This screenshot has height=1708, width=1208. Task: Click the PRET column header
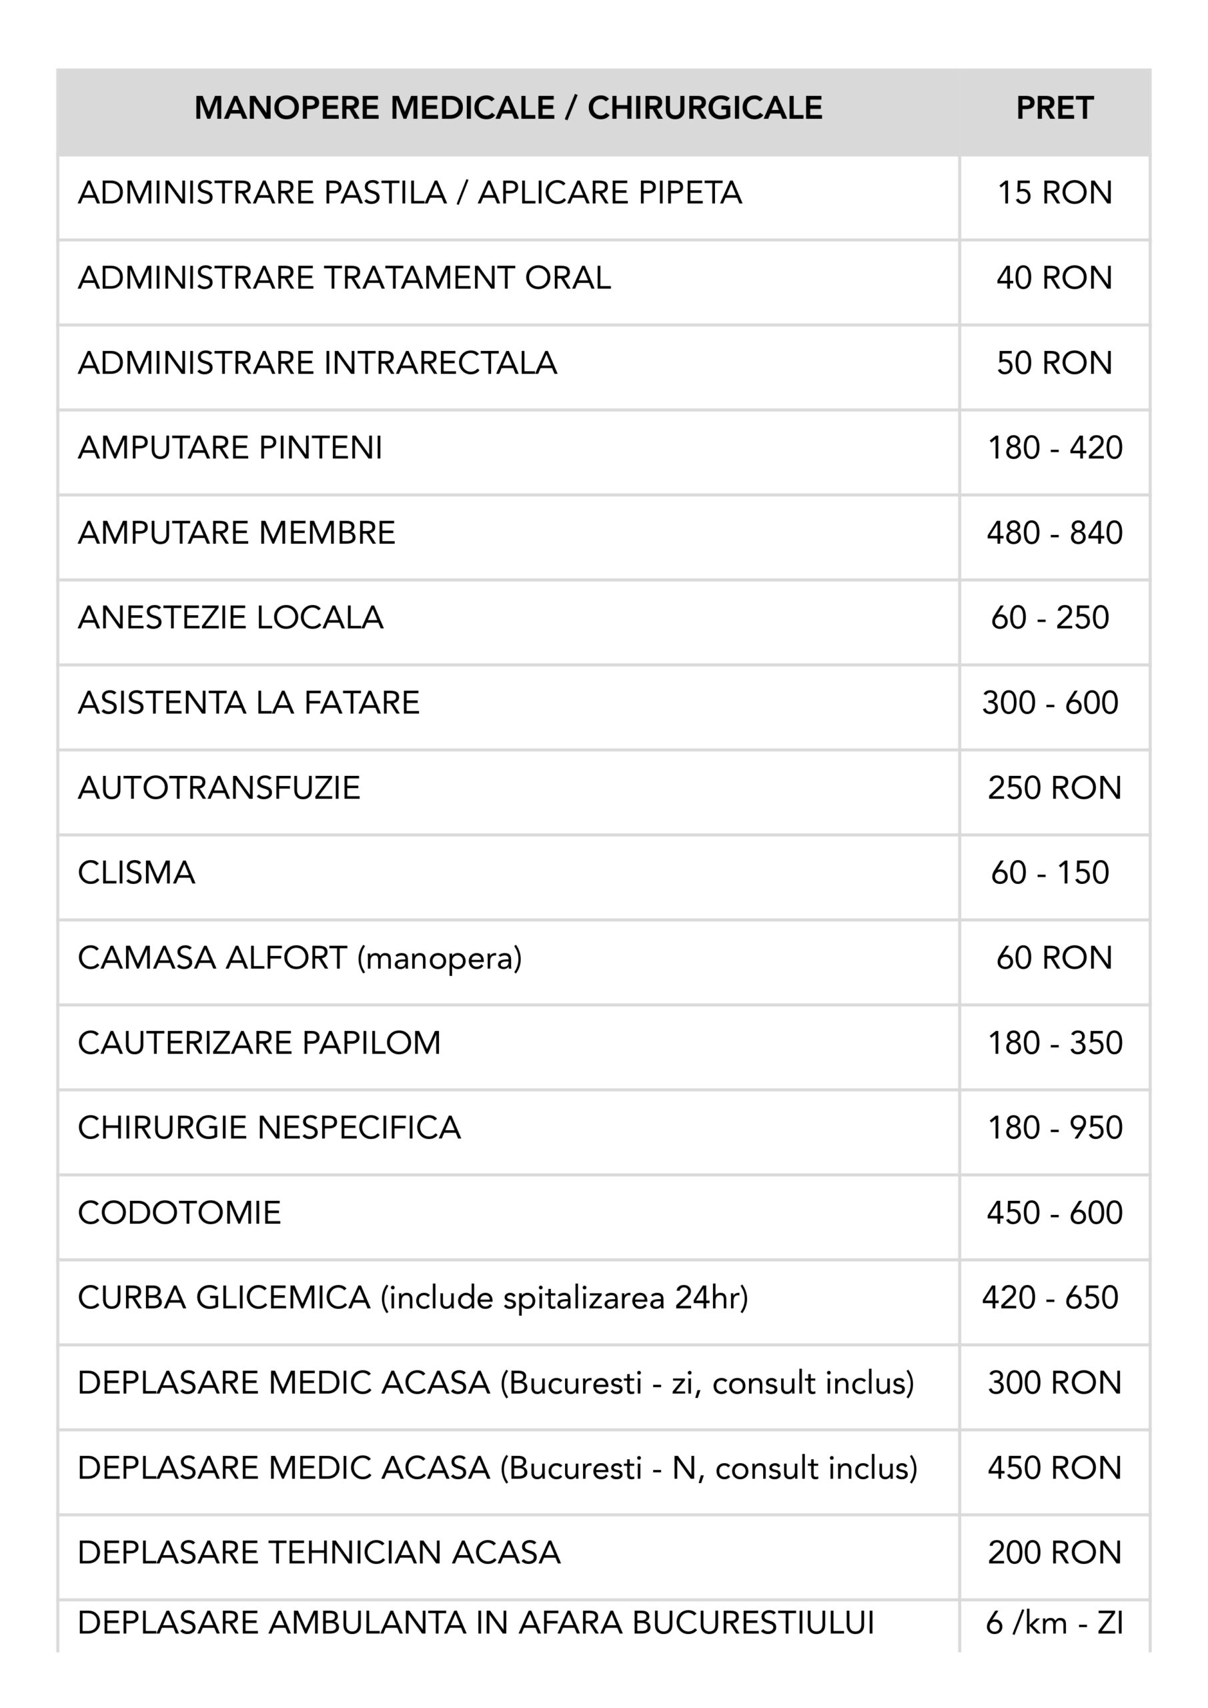coord(1054,109)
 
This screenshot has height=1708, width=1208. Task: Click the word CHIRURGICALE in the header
coord(704,109)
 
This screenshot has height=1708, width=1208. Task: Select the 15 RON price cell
coord(1054,193)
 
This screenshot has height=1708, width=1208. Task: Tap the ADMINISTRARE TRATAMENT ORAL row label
coord(344,278)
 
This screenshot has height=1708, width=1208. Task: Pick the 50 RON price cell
coord(1054,363)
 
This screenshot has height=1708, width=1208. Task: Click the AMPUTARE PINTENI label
coord(230,448)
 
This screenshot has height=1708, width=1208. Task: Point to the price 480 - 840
coord(1054,532)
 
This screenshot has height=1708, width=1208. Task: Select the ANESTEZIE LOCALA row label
coord(231,617)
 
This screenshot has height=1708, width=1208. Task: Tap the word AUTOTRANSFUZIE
coord(219,788)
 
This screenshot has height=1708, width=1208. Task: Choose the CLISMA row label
coord(136,873)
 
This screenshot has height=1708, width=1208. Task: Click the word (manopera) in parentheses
coord(440,958)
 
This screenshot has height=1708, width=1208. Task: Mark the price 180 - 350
coord(1054,1043)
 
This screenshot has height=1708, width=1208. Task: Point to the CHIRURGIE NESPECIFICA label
coord(269,1128)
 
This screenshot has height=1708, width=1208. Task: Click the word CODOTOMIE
coord(179,1212)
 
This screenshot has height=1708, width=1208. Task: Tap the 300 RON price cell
coord(1054,1383)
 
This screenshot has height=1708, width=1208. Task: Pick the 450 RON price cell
coord(1054,1468)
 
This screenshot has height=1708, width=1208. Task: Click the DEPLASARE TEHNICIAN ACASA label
coord(319,1553)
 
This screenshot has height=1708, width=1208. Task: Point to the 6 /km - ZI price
coord(1054,1623)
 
